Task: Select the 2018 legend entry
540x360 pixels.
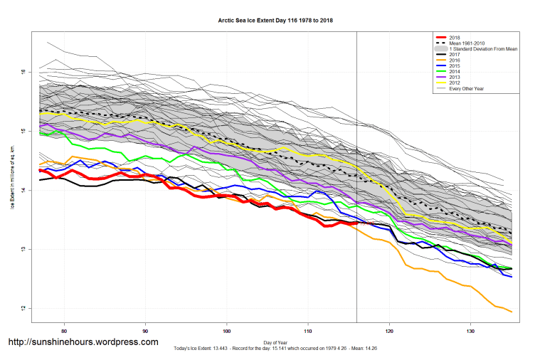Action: pos(455,37)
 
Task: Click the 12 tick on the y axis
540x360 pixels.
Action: pos(24,308)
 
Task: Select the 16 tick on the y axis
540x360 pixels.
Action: pos(24,73)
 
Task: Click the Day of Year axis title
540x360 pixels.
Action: pos(275,343)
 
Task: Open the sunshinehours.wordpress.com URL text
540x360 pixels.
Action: pos(83,342)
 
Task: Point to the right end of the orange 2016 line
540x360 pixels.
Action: pos(512,312)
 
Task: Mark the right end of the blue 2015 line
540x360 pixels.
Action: pos(512,276)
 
